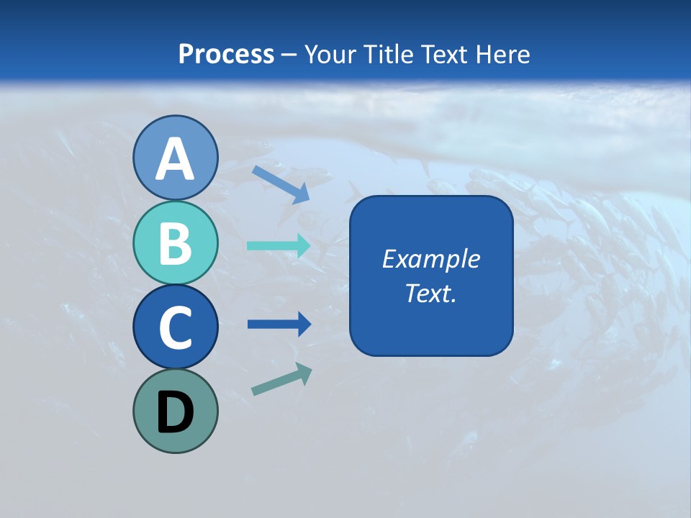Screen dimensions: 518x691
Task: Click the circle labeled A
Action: pyautogui.click(x=175, y=158)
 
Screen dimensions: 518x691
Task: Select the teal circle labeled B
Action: pyautogui.click(x=175, y=242)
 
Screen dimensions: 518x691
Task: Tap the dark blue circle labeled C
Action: pyautogui.click(x=175, y=327)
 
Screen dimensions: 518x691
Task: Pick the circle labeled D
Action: pyautogui.click(x=175, y=411)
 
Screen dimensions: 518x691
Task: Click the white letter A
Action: pyautogui.click(x=175, y=159)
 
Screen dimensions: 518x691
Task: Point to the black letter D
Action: pyautogui.click(x=175, y=412)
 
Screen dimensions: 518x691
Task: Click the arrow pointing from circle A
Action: pyautogui.click(x=280, y=184)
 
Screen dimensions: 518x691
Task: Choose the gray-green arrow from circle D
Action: pyautogui.click(x=281, y=380)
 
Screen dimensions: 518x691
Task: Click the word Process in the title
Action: pyautogui.click(x=226, y=54)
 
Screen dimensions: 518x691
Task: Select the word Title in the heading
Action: pyautogui.click(x=386, y=54)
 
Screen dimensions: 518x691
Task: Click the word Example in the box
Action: pyautogui.click(x=430, y=259)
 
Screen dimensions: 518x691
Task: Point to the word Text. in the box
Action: pyautogui.click(x=430, y=293)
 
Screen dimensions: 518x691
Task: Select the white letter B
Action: pyautogui.click(x=175, y=243)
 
